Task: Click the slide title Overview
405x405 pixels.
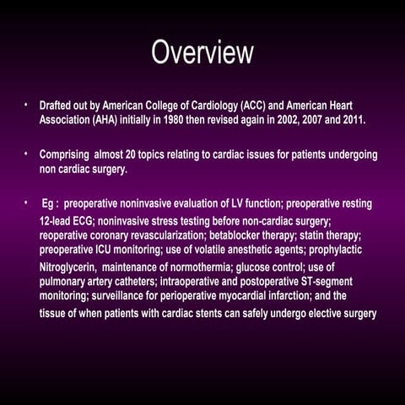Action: click(202, 52)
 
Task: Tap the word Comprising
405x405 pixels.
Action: click(68, 155)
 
